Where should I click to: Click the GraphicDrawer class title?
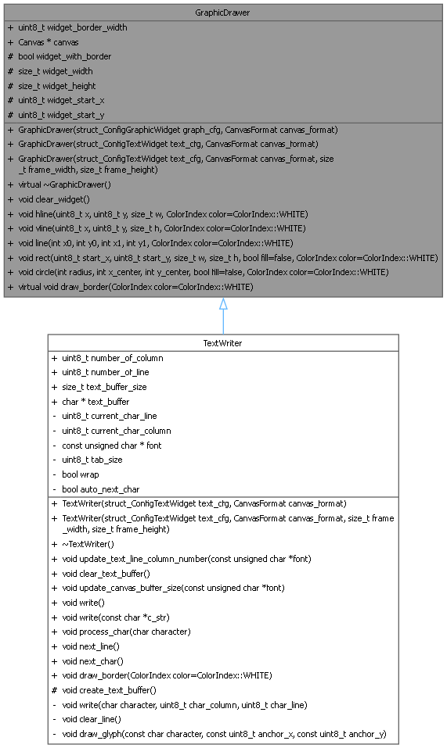(223, 12)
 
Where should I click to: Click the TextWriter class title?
(223, 343)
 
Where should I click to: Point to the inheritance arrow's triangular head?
(223, 303)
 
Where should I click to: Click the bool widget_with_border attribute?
(64, 56)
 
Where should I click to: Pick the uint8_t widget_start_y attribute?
(61, 115)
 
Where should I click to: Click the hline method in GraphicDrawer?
(163, 214)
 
